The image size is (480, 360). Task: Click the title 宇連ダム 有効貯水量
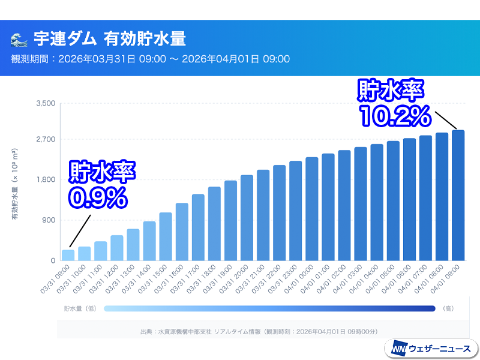pyautogui.click(x=110, y=40)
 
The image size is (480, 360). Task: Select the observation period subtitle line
pyautogui.click(x=151, y=59)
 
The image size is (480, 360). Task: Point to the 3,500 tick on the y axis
pyautogui.click(x=46, y=103)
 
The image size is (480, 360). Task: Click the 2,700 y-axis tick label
pyautogui.click(x=46, y=139)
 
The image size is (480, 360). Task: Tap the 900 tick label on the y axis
pyautogui.click(x=49, y=220)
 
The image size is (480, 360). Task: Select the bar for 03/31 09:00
pyautogui.click(x=68, y=255)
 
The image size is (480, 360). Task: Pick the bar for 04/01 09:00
pyautogui.click(x=458, y=195)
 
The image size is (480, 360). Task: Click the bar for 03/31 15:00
pyautogui.click(x=166, y=236)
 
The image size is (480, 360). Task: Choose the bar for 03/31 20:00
pyautogui.click(x=247, y=218)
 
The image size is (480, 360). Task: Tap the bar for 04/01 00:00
pyautogui.click(x=311, y=209)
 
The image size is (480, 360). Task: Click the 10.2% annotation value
pyautogui.click(x=394, y=115)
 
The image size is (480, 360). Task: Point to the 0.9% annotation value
pyautogui.click(x=97, y=196)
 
